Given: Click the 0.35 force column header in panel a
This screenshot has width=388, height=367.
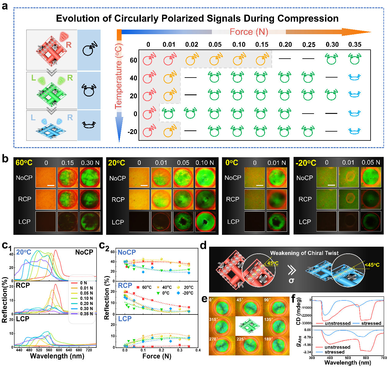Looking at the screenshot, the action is (x=355, y=45).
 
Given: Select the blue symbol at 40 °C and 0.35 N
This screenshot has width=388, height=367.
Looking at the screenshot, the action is (x=354, y=77).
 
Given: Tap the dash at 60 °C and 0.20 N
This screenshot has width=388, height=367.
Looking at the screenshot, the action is (x=285, y=59).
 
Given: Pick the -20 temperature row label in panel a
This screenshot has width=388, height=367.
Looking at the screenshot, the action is (x=132, y=132).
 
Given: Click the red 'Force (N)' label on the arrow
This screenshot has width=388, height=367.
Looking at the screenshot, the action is (x=249, y=32).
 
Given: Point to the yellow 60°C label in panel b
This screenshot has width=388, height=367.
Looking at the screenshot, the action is (x=24, y=163).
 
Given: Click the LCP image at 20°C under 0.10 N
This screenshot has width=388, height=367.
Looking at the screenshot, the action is (x=205, y=222).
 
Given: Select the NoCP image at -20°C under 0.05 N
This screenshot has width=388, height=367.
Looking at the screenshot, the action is (x=371, y=177).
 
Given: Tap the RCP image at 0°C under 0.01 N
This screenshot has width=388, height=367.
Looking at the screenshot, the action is (x=277, y=199).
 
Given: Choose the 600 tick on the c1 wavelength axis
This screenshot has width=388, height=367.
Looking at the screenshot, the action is (x=59, y=350).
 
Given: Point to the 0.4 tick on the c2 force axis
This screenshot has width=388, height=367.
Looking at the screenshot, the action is (x=198, y=350).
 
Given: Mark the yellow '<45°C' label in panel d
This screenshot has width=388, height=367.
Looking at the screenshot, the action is (x=372, y=265).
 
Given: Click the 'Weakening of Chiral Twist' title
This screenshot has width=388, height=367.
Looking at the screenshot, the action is (x=304, y=253).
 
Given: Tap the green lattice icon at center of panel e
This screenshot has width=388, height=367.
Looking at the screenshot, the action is (x=249, y=326).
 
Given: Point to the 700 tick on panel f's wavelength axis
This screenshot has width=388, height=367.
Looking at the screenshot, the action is (x=383, y=358).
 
